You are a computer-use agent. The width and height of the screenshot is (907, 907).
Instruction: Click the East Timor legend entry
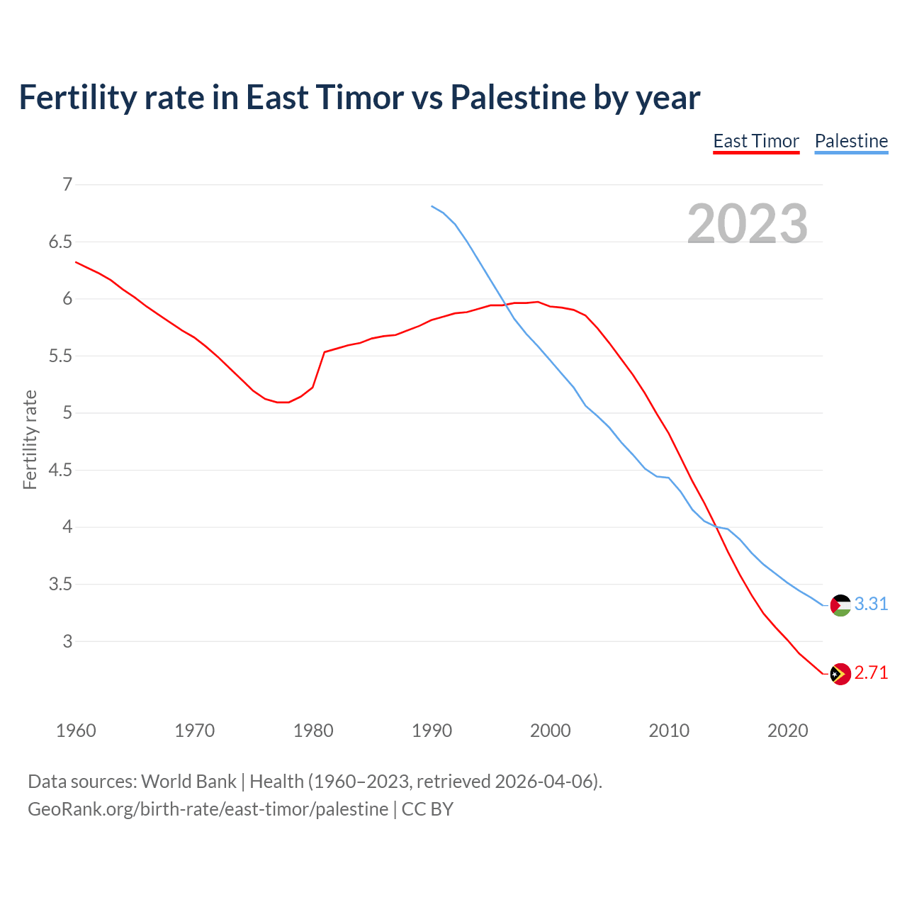click(756, 141)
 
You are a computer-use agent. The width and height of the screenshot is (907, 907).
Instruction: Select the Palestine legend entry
click(851, 141)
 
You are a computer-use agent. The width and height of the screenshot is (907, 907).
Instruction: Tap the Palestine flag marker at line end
click(840, 605)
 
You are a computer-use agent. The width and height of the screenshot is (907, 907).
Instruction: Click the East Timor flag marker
click(840, 674)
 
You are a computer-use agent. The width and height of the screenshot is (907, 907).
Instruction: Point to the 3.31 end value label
click(871, 604)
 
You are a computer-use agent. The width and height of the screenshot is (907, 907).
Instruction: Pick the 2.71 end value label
click(871, 672)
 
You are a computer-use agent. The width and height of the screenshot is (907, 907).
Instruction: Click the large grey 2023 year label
click(748, 224)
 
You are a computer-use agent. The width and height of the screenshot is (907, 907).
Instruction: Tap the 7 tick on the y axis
click(67, 185)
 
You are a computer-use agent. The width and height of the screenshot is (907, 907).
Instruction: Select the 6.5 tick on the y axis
click(60, 242)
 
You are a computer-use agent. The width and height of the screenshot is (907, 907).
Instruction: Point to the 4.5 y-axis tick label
click(60, 471)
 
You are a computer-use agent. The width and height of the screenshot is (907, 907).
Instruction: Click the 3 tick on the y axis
click(67, 641)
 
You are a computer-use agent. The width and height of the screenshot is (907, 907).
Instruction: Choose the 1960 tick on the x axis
click(76, 731)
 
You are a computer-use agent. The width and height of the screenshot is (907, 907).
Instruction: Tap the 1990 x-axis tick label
click(432, 731)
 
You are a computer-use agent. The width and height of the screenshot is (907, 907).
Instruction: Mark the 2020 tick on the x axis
click(787, 731)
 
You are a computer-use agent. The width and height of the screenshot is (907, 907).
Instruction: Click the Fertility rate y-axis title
click(30, 439)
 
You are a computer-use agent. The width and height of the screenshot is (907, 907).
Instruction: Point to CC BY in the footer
click(427, 809)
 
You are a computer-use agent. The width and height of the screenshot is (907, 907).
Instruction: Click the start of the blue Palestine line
click(432, 206)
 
